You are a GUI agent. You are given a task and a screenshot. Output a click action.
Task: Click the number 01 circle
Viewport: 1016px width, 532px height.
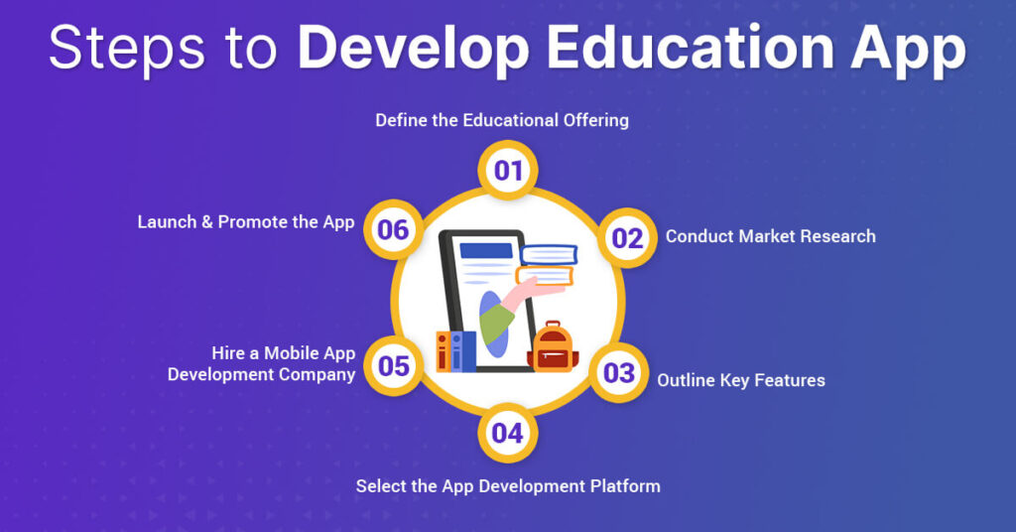click(x=508, y=171)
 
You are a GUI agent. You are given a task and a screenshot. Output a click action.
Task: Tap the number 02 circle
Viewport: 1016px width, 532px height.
click(x=627, y=238)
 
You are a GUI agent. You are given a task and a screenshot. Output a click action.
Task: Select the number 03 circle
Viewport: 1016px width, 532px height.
click(x=619, y=373)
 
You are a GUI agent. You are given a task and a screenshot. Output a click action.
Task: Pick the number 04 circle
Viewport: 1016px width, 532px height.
click(x=507, y=433)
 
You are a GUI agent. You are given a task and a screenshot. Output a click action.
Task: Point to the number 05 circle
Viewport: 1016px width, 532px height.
click(x=394, y=366)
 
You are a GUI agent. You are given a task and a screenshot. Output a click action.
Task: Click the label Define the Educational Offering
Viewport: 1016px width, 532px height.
click(x=502, y=120)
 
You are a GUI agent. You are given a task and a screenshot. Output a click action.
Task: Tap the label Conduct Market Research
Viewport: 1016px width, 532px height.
click(x=770, y=236)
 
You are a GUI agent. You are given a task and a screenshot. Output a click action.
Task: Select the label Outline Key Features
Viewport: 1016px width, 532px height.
click(x=740, y=380)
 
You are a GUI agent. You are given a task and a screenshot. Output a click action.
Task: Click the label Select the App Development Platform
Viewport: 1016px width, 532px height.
click(x=508, y=485)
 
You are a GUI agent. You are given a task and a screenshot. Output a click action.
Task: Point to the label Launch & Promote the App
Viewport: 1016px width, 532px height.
click(x=245, y=221)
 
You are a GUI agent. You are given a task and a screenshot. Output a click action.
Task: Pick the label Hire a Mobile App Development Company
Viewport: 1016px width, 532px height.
click(x=261, y=363)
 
